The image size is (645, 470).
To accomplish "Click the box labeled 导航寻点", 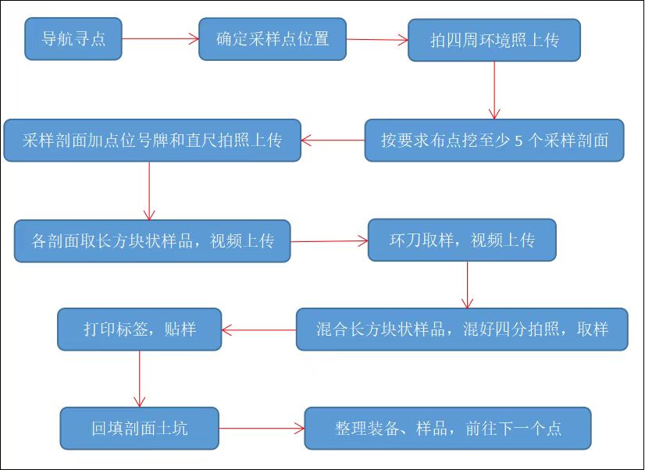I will click(x=73, y=38).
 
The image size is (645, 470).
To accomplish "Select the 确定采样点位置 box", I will click(x=272, y=38).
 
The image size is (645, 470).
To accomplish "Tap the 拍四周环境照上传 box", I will click(x=494, y=40).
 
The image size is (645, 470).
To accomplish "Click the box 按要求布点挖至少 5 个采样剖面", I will click(x=494, y=141).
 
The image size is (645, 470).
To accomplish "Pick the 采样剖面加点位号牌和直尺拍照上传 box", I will click(x=152, y=141).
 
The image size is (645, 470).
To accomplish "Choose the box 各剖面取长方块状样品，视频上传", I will click(x=152, y=240).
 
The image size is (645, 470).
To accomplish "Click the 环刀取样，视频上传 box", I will click(x=461, y=240).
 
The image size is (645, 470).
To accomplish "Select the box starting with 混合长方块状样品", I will click(x=461, y=329).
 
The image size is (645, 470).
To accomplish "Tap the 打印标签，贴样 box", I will click(x=140, y=329).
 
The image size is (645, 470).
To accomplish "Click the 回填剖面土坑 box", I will click(x=140, y=428).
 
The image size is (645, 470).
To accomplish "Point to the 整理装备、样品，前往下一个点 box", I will click(x=447, y=428).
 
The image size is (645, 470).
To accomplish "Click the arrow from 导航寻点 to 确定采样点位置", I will click(x=160, y=38).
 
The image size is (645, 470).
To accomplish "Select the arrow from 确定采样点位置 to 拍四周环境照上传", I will click(x=377, y=39).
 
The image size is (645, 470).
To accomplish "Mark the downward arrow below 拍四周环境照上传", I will click(x=494, y=90).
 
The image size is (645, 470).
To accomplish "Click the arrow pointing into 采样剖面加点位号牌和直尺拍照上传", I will click(x=333, y=141).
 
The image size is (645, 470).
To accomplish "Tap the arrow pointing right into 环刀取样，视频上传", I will click(x=329, y=241).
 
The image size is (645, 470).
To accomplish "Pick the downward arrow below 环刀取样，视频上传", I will click(x=467, y=285).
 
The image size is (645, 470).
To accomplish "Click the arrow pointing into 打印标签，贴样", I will click(x=258, y=329).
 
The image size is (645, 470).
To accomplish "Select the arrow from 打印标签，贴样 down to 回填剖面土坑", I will click(x=140, y=379).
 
